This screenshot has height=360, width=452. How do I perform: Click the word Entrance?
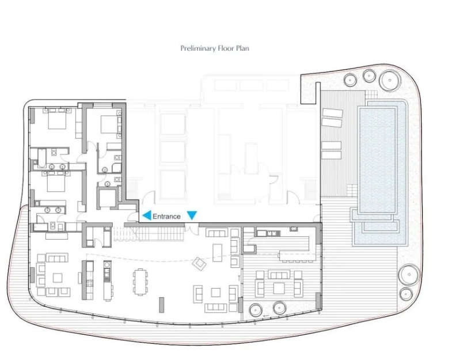(166, 217)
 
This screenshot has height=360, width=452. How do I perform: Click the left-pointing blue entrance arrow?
(147, 215)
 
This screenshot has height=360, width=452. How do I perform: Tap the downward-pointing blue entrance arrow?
(192, 215)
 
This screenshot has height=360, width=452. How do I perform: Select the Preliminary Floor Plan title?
(215, 48)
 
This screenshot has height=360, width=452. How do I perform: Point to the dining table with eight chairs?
(140, 282)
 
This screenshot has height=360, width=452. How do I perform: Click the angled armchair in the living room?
(199, 263)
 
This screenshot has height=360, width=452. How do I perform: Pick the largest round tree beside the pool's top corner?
(390, 80)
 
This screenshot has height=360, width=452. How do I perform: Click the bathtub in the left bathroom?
(42, 157)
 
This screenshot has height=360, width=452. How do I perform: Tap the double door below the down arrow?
(192, 227)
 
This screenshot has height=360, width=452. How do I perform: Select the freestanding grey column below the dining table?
(162, 305)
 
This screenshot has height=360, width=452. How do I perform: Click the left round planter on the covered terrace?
(256, 310)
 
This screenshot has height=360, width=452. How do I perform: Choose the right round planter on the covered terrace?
(280, 308)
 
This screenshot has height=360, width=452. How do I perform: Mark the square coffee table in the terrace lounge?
(279, 288)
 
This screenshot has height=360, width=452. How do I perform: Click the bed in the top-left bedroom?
(58, 119)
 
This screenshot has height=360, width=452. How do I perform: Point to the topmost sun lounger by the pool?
(332, 113)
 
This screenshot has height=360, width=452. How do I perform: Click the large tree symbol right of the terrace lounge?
(409, 274)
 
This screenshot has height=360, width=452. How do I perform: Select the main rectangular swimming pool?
(377, 160)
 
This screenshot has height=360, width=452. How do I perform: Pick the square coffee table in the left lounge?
(58, 278)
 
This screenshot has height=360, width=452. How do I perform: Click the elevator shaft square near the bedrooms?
(107, 198)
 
